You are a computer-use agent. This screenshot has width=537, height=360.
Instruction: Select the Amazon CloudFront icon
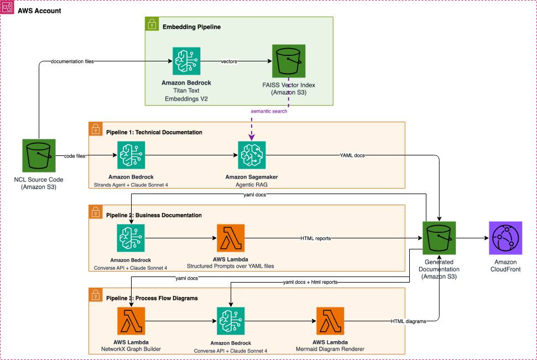pos(505,238)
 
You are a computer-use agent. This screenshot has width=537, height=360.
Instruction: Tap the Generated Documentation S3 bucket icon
pos(439,238)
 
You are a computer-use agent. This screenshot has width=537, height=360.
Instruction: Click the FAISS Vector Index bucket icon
pos(288,61)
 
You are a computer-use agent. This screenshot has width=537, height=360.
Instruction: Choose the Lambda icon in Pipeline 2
pos(231,238)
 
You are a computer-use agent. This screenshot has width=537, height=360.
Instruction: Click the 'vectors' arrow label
pos(228,61)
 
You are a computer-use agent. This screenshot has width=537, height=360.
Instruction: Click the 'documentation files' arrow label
pos(72,61)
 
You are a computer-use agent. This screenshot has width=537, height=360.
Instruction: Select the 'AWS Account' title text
pos(39,11)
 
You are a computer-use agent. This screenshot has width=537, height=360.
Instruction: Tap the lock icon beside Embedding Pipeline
pos(151,23)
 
